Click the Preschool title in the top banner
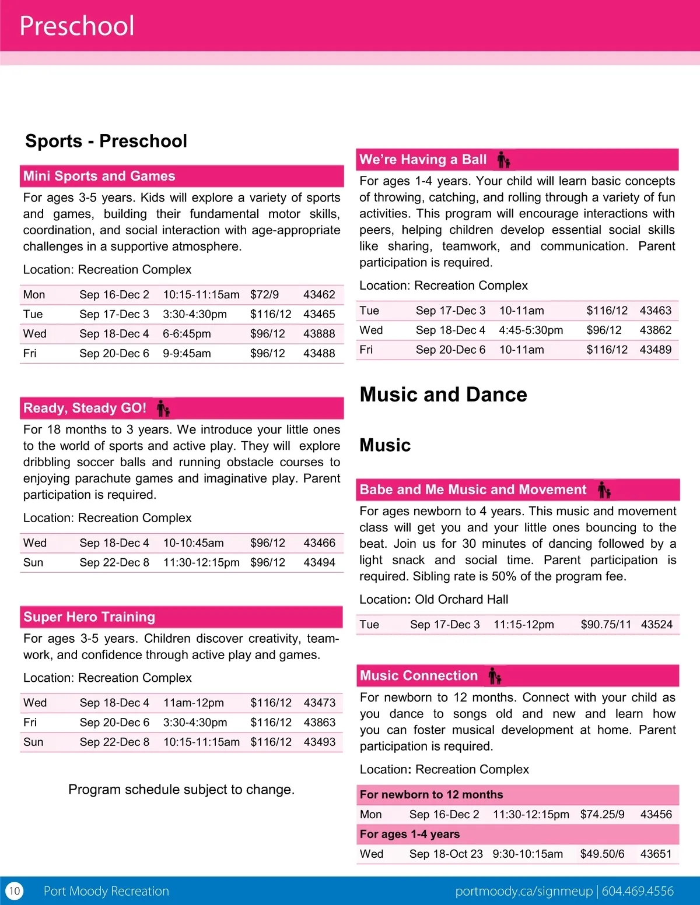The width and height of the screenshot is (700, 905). [x=77, y=26]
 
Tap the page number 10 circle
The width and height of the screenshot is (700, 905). [x=15, y=890]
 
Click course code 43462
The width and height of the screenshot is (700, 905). [x=319, y=295]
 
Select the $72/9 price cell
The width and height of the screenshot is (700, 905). [x=264, y=295]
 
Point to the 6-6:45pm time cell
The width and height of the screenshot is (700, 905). [x=187, y=334]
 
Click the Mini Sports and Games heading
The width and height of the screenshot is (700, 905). [x=99, y=176]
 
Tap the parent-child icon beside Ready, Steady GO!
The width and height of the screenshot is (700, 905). [x=163, y=409]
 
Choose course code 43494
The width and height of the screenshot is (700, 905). [x=319, y=562]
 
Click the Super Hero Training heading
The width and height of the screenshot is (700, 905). [x=89, y=617]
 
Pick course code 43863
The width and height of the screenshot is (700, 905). [x=319, y=723]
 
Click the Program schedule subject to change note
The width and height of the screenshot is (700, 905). [x=181, y=790]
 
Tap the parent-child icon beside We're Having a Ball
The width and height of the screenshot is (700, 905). [x=503, y=160]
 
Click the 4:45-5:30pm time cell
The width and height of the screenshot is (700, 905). [x=531, y=330]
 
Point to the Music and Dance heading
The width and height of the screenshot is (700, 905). [x=443, y=395]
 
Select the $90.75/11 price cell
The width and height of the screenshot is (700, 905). [x=605, y=625]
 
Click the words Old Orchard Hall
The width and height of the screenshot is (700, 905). [x=461, y=600]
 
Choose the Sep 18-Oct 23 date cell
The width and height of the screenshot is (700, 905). [x=446, y=854]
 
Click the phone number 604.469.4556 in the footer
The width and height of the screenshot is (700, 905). [x=638, y=891]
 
